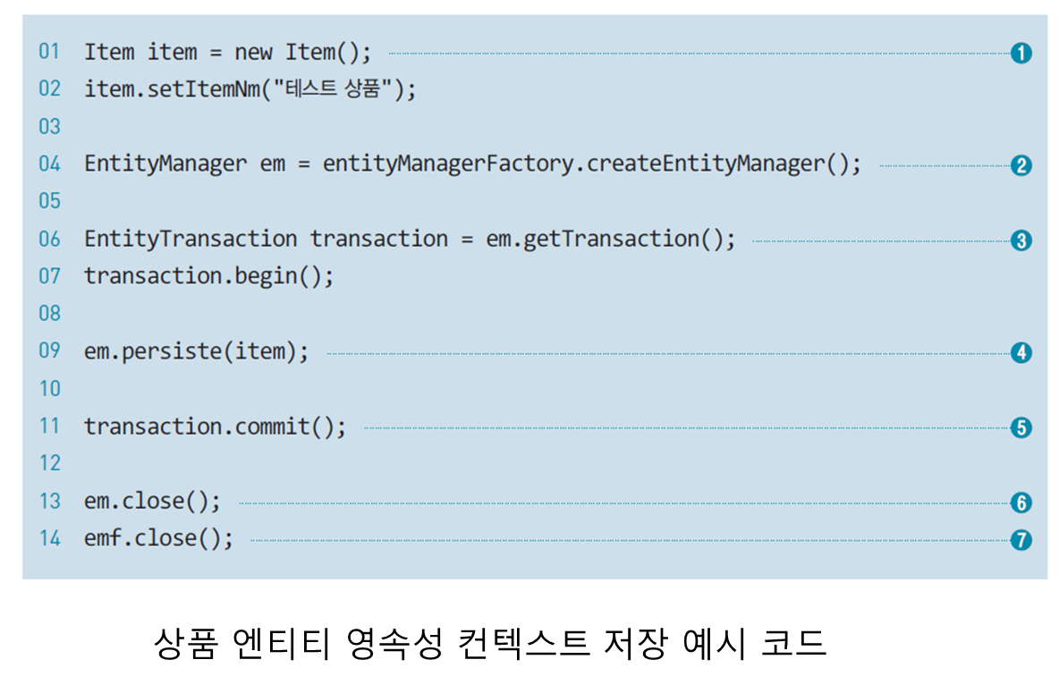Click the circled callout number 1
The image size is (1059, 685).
1021,53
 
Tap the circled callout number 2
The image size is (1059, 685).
1021,165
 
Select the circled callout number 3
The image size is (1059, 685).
1021,241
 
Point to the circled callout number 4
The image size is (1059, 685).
1021,352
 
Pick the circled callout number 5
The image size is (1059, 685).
1021,427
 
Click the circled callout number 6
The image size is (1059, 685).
1021,503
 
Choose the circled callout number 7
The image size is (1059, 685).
1021,540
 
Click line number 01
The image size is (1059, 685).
49,52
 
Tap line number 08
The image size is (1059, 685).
49,314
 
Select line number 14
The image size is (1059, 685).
49,539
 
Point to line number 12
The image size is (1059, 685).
49,463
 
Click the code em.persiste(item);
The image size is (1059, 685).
196,351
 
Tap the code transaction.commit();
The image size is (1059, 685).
215,427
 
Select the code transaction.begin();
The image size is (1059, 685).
208,276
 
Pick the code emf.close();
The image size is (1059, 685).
158,539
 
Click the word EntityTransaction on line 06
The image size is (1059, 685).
191,239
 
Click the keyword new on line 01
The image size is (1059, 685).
253,53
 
